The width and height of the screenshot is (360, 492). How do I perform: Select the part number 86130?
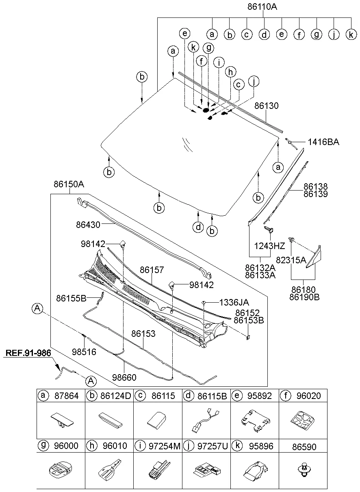tap(267, 106)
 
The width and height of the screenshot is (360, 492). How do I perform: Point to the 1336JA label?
tap(234, 302)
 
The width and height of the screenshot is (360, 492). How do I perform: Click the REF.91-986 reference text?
tap(28, 353)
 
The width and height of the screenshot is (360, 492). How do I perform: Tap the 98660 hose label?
tap(124, 377)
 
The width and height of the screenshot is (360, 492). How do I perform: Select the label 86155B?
tap(72, 299)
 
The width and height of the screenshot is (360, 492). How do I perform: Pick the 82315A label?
tap(291, 260)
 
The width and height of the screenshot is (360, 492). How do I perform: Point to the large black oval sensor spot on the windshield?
tap(206, 110)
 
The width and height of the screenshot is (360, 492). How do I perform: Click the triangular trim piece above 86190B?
tap(314, 257)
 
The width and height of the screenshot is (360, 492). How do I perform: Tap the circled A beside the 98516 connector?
tap(37, 309)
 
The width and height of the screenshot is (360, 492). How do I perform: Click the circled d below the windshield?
tap(198, 227)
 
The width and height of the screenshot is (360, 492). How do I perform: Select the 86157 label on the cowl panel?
tap(152, 270)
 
